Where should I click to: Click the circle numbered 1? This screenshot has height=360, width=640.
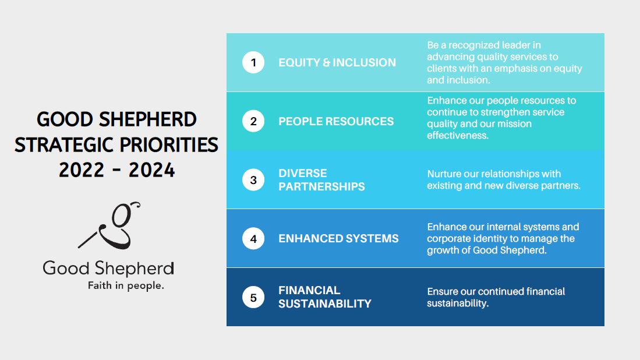point(253,62)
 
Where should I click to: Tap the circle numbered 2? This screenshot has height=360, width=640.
point(253,121)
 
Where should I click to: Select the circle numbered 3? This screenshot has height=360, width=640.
point(253,180)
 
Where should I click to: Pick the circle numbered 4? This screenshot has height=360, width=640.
point(253,239)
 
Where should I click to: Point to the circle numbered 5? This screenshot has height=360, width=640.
point(253,298)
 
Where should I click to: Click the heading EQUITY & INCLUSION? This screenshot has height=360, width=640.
point(337,62)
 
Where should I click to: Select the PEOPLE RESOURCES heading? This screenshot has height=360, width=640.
point(336,121)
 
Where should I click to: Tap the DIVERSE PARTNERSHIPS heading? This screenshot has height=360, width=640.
point(321,179)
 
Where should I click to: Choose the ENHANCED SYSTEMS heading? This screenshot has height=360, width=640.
point(338,238)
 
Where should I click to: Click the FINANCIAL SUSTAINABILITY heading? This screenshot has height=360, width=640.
point(325,297)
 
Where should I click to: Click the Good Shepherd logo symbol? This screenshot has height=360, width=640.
point(109,225)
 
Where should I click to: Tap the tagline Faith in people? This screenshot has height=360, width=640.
point(126,285)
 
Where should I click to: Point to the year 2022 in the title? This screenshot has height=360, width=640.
point(82,170)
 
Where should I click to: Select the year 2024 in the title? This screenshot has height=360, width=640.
point(152,170)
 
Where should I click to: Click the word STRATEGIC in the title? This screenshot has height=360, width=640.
point(64,145)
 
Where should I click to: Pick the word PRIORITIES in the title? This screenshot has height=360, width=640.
point(169,145)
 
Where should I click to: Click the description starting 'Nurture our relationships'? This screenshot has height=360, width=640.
point(504,179)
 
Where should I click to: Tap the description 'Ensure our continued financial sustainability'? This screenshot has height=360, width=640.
point(496,297)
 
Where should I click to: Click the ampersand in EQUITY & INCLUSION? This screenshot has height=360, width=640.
point(327,62)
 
